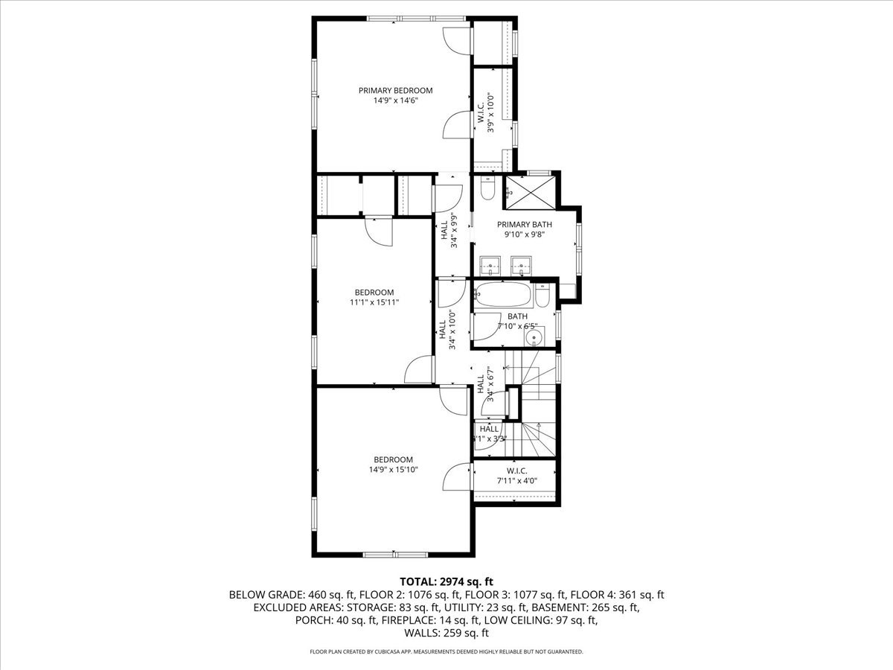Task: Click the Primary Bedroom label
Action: pyautogui.click(x=395, y=91)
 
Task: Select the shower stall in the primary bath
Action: pyautogui.click(x=530, y=194)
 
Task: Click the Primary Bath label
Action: pyautogui.click(x=525, y=224)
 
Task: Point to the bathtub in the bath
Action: pyautogui.click(x=505, y=296)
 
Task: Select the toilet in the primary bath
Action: pyautogui.click(x=487, y=189)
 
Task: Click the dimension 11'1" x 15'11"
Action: pyautogui.click(x=374, y=302)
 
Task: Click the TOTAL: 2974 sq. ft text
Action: pyautogui.click(x=446, y=581)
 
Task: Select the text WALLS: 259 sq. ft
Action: pyautogui.click(x=446, y=634)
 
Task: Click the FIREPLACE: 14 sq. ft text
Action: pyautogui.click(x=432, y=620)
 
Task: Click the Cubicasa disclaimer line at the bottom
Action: pyautogui.click(x=446, y=651)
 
